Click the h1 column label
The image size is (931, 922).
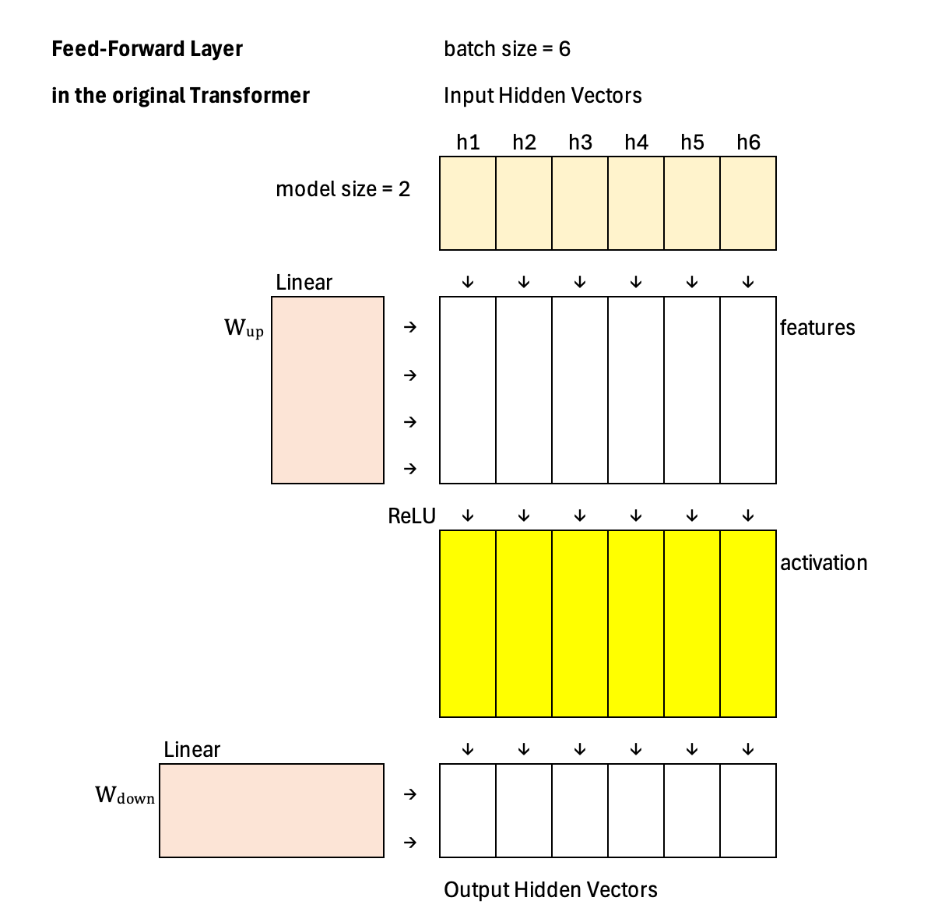pos(468,143)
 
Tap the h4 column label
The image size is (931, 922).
pos(636,143)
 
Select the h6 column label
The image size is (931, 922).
pos(748,143)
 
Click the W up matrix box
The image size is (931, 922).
pos(328,390)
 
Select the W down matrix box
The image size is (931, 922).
pos(272,811)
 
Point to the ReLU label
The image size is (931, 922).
pos(412,516)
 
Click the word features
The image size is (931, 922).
pos(817,328)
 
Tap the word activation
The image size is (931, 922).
pos(824,563)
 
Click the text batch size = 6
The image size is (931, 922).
pos(507,49)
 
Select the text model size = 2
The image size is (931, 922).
pos(343,189)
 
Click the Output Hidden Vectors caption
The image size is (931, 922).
pos(550,890)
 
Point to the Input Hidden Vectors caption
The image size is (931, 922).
pos(543,96)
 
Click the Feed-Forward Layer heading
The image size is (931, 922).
pos(147,49)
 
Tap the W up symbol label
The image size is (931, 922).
pos(244,329)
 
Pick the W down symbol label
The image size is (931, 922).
pos(125,796)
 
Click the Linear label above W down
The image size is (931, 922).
pos(192,750)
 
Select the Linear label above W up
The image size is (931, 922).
pos(304,283)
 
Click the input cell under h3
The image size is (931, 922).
pos(580,203)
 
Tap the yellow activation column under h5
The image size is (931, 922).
pos(692,624)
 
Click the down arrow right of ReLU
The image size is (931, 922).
pos(468,516)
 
